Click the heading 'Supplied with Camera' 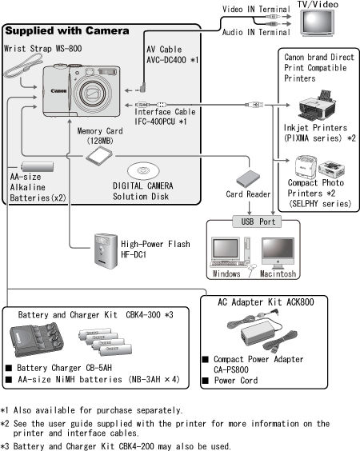coord(67,31)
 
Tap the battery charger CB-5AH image coord(34,342)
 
